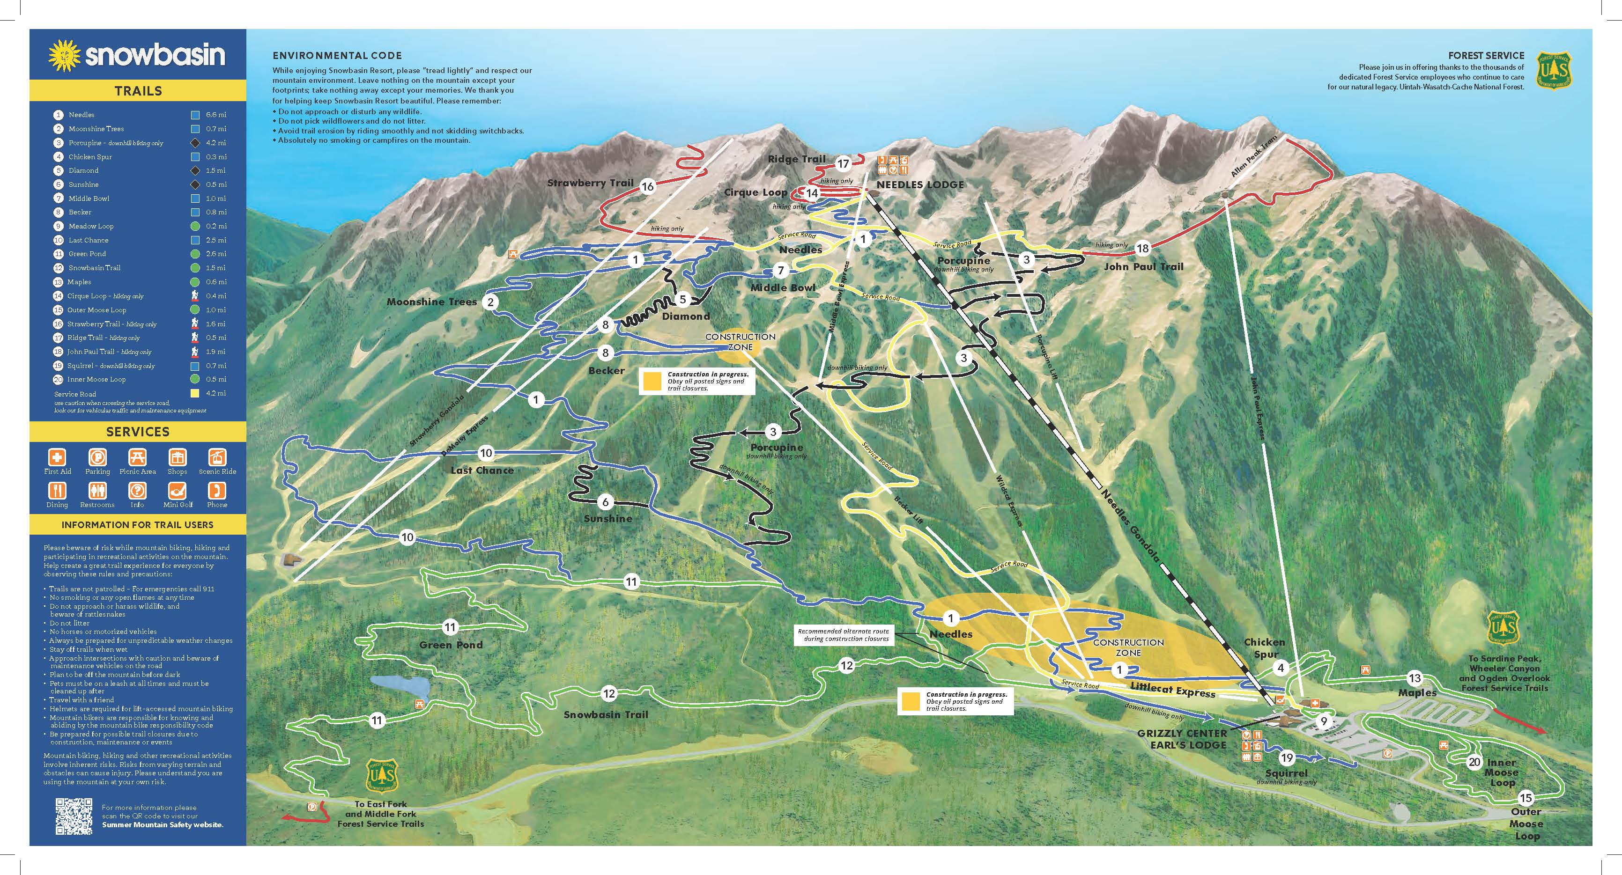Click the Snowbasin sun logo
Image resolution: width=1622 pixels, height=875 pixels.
coord(65,55)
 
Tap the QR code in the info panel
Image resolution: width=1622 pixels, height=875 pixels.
coord(74,816)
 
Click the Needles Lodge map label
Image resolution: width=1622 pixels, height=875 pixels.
coord(920,185)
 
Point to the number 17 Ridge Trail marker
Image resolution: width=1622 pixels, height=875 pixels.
coord(843,164)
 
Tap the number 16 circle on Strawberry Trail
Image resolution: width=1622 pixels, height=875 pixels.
coord(648,186)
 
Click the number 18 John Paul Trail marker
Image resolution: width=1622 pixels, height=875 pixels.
coord(1143,249)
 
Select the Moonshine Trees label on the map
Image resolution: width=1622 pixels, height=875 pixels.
coord(432,302)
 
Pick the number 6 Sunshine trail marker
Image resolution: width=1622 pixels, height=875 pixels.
coord(605,502)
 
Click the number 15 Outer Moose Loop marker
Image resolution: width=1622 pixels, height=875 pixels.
coord(1525,798)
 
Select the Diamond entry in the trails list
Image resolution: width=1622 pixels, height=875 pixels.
coord(84,170)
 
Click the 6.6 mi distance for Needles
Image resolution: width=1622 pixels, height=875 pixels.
coord(216,115)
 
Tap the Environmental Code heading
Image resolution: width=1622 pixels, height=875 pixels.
coord(337,55)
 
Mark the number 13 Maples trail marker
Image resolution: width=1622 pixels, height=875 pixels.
coord(1415,678)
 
